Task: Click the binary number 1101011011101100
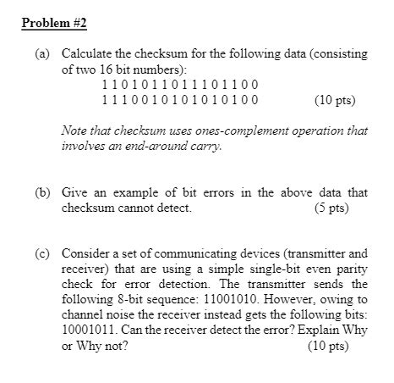coord(179,85)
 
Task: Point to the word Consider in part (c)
coord(85,253)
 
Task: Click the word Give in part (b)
coord(74,191)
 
